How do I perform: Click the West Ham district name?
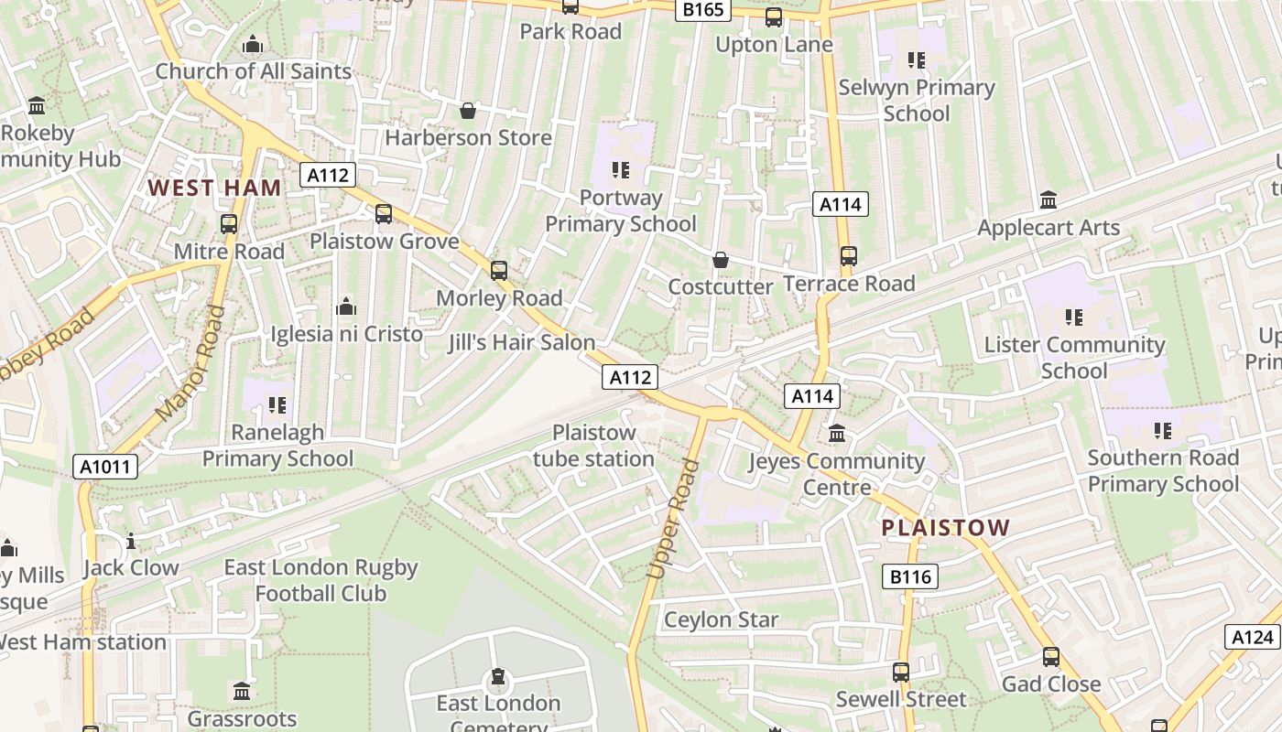point(214,188)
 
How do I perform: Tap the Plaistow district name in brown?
point(946,528)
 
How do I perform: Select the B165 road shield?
point(703,10)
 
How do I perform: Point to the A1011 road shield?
point(105,467)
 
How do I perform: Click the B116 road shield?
point(910,576)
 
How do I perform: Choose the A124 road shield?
point(1252,637)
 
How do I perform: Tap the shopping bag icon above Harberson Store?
point(468,111)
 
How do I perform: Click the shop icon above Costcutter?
point(721,260)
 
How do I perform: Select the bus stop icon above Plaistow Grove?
point(384,214)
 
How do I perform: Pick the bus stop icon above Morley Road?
point(499,271)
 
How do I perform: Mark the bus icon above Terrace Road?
point(849,256)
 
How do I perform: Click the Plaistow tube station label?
point(593,446)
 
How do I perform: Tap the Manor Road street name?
point(190,363)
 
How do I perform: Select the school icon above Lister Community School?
point(1074,318)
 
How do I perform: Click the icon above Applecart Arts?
point(1048,200)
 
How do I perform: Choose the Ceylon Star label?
point(721,619)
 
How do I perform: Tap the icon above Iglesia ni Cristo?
point(346,307)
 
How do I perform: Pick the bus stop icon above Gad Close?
point(1050,657)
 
